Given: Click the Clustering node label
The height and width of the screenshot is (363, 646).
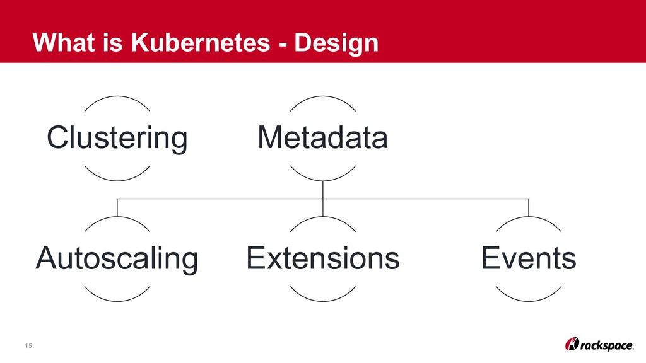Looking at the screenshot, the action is pyautogui.click(x=117, y=137).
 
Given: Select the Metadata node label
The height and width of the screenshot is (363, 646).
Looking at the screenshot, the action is pyautogui.click(x=322, y=137).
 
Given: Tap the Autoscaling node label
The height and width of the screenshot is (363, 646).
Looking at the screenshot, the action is pyautogui.click(x=117, y=258).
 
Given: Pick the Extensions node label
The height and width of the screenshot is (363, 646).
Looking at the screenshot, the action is pyautogui.click(x=322, y=258).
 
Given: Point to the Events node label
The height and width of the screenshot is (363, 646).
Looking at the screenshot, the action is pyautogui.click(x=529, y=258).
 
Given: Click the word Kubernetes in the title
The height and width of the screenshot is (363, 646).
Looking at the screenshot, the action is pyautogui.click(x=171, y=43).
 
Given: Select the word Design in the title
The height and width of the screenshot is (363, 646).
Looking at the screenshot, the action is pyautogui.click(x=338, y=43).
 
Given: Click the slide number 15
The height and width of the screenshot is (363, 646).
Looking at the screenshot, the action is pyautogui.click(x=28, y=345).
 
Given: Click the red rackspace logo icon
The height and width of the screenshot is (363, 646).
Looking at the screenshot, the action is pyautogui.click(x=573, y=343).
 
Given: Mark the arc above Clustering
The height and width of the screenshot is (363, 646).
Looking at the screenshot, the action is pyautogui.click(x=117, y=98).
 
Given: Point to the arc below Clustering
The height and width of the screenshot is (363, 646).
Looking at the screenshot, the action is pyautogui.click(x=117, y=178).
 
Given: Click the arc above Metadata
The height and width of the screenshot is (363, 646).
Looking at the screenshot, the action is pyautogui.click(x=322, y=98).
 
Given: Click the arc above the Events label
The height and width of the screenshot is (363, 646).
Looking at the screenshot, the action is pyautogui.click(x=529, y=218).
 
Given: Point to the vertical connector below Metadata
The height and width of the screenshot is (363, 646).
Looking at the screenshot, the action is pyautogui.click(x=322, y=190).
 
